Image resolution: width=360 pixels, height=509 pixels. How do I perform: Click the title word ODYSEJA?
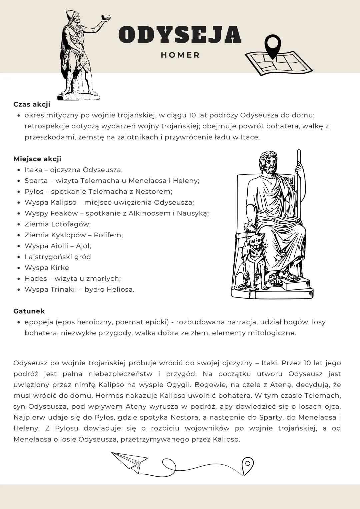coord(180,35)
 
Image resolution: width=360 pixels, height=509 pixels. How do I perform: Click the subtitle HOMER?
coord(180,55)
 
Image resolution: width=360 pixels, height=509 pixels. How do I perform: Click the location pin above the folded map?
coord(273,46)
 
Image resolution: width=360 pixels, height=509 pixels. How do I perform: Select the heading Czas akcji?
coord(32,104)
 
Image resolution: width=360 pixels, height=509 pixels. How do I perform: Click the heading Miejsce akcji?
coord(37,159)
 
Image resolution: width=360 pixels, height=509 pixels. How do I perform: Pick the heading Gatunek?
coord(29,311)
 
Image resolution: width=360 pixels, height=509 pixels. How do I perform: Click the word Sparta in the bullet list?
coord(36,181)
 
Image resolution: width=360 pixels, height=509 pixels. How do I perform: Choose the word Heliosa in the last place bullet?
coord(120,290)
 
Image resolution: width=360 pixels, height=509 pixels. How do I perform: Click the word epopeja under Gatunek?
coord(39,322)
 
